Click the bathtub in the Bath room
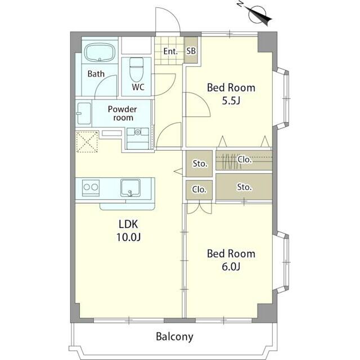tap(100, 52)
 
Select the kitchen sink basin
tap(130, 188)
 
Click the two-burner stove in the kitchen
tap(91, 187)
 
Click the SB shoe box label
tap(191, 51)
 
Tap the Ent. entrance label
tap(170, 51)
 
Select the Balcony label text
tap(174, 337)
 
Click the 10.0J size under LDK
tap(128, 237)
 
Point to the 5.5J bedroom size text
tap(231, 101)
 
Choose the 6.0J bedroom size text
tap(231, 267)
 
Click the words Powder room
tap(123, 113)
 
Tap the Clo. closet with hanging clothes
tap(244, 160)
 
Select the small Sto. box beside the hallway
tap(199, 164)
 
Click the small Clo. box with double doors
tap(199, 190)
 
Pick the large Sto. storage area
tap(244, 187)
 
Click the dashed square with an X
tap(87, 142)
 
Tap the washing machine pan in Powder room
tap(84, 114)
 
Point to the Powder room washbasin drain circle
tap(137, 132)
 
